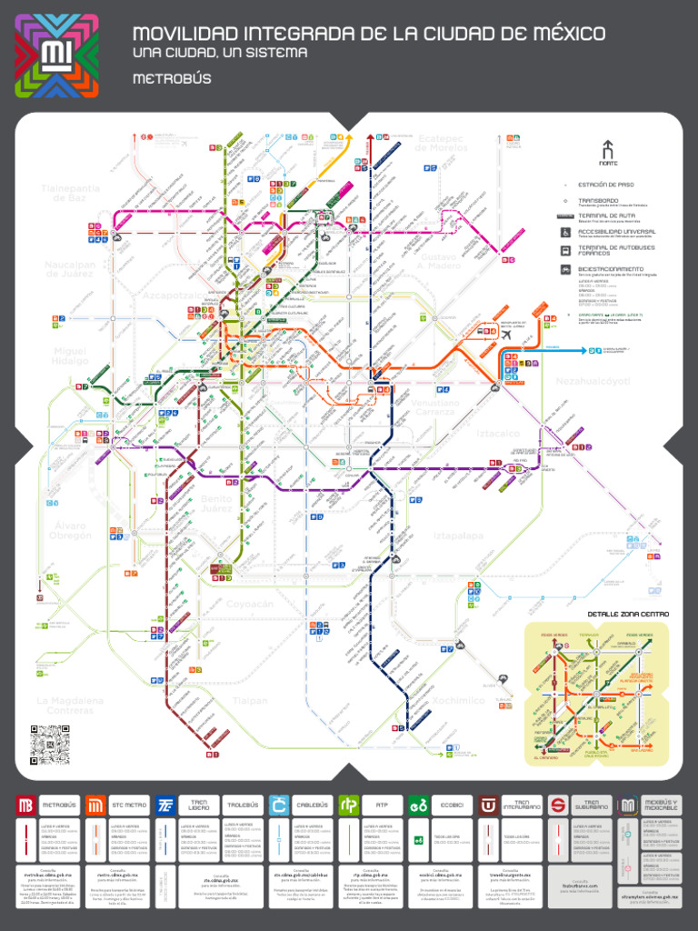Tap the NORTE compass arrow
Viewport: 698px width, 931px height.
(x=608, y=149)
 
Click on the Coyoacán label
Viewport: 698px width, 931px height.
(x=249, y=604)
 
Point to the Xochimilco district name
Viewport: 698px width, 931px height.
(x=458, y=701)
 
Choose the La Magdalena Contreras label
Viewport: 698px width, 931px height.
(x=70, y=706)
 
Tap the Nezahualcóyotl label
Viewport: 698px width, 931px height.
(x=593, y=382)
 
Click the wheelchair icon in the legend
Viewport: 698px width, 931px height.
(x=565, y=232)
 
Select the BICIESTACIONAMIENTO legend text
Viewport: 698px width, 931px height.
(x=617, y=269)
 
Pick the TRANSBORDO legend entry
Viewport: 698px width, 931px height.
(x=598, y=200)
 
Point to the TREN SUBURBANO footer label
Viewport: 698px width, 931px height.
(x=592, y=806)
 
